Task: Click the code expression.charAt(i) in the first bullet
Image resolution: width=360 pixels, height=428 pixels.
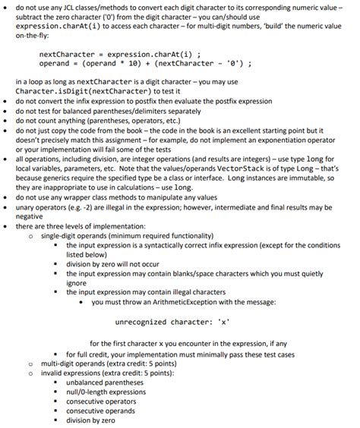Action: click(57, 26)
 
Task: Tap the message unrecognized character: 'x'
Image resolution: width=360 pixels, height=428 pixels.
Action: click(174, 323)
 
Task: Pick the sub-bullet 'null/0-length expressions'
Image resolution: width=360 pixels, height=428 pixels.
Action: click(106, 392)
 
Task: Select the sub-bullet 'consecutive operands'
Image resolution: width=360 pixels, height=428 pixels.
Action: click(101, 411)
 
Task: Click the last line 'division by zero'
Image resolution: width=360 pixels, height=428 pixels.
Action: click(91, 420)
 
